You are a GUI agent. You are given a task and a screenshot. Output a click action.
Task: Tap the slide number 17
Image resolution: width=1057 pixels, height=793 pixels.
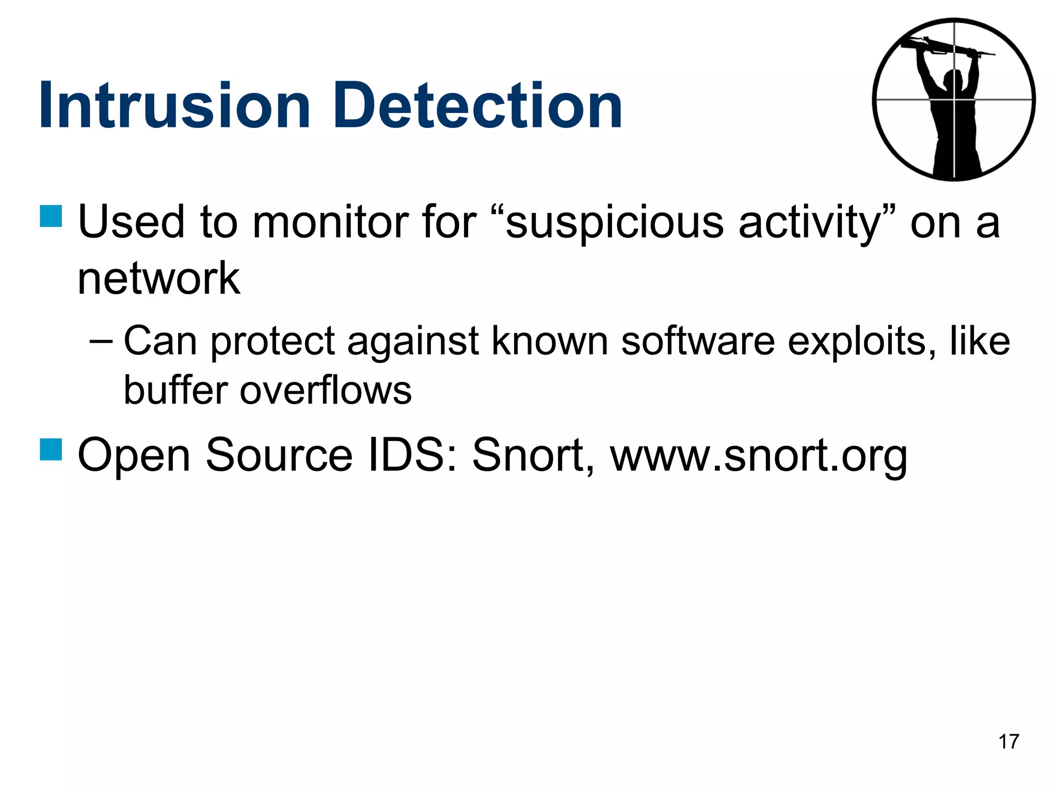(x=1008, y=742)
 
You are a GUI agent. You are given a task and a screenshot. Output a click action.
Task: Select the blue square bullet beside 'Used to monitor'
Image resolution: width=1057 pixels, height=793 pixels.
(x=51, y=216)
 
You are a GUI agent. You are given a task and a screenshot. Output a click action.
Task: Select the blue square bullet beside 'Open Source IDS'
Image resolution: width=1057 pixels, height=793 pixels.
(x=51, y=449)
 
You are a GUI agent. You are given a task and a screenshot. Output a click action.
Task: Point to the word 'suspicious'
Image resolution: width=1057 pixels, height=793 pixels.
(x=615, y=223)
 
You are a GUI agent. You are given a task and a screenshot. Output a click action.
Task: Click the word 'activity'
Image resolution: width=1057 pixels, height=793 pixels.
(x=810, y=223)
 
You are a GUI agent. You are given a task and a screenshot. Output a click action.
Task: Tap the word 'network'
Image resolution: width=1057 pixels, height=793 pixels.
(x=158, y=278)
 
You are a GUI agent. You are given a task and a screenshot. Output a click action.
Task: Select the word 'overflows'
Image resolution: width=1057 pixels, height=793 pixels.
(x=326, y=391)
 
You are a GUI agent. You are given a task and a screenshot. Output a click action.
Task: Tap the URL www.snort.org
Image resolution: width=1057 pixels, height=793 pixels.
(x=758, y=455)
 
